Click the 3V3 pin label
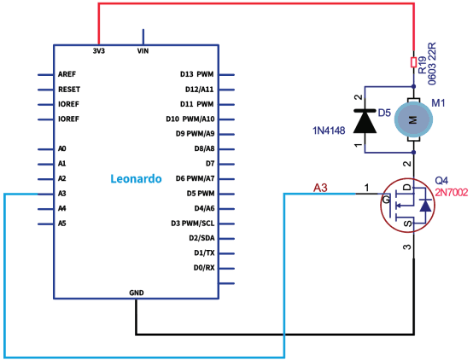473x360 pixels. [x=99, y=51]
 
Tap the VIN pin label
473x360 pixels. [x=143, y=51]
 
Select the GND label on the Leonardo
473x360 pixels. [x=137, y=293]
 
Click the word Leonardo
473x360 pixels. [x=136, y=178]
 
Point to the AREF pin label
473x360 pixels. [x=67, y=74]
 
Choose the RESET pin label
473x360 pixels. [x=69, y=90]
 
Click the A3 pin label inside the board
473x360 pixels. [x=61, y=194]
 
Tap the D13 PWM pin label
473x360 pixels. [x=196, y=74]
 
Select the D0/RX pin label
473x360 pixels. [x=204, y=268]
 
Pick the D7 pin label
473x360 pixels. [x=210, y=164]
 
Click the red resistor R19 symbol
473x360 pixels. [x=414, y=62]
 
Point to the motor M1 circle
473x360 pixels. [x=414, y=119]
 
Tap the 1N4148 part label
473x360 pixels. [x=329, y=131]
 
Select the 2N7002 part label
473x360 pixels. [x=452, y=192]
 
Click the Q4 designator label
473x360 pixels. [x=441, y=181]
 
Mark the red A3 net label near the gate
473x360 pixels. [x=320, y=188]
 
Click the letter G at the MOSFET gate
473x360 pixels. [x=386, y=200]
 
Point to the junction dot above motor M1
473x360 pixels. [x=414, y=86]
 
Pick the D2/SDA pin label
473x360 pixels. [x=201, y=238]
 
